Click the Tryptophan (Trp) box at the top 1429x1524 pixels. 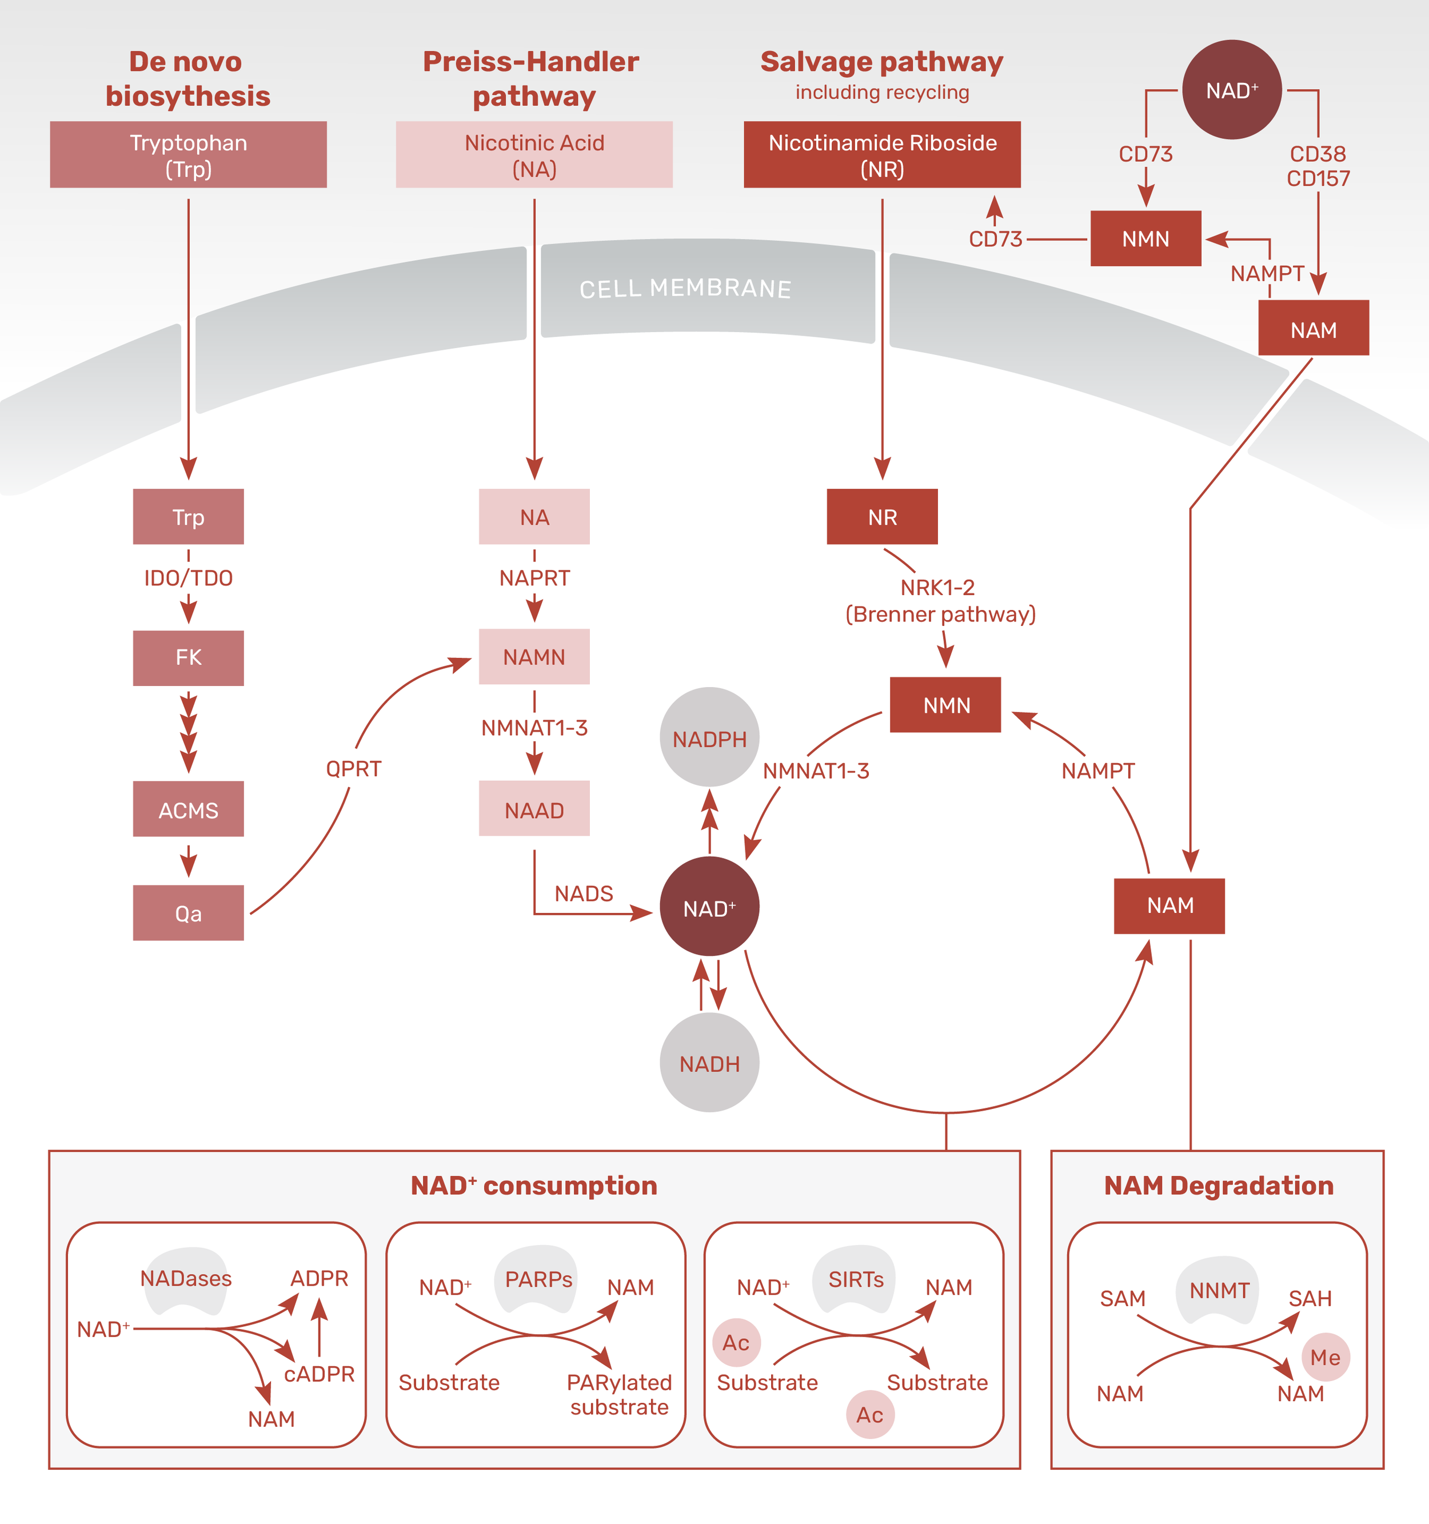click(x=188, y=154)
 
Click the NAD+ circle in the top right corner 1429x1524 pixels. click(x=1231, y=90)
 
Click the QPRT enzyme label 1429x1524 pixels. click(x=353, y=768)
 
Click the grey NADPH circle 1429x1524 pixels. click(x=709, y=737)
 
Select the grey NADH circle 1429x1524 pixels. click(x=709, y=1063)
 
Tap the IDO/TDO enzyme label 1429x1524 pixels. click(x=188, y=577)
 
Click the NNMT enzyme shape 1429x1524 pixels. click(x=1218, y=1290)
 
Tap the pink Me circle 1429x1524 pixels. click(x=1325, y=1357)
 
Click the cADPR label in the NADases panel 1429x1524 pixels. click(x=319, y=1374)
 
